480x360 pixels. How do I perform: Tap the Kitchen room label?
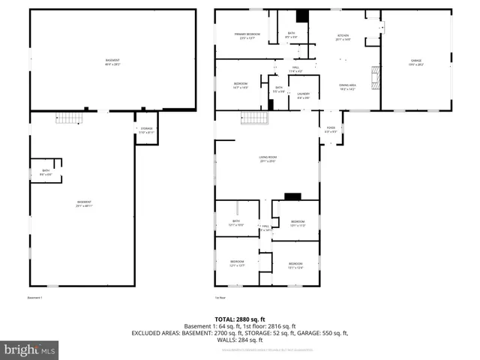click(343, 36)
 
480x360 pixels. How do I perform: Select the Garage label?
click(415, 61)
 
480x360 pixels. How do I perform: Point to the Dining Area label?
click(347, 87)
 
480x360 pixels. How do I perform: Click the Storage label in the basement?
click(146, 130)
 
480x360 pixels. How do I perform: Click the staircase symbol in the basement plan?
click(68, 118)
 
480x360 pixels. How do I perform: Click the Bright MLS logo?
click(30, 349)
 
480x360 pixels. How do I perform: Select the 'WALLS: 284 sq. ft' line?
click(239, 340)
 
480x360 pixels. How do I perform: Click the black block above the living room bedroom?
click(292, 196)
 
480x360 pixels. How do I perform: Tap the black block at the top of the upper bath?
click(301, 16)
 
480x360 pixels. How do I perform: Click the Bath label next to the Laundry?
click(279, 89)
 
